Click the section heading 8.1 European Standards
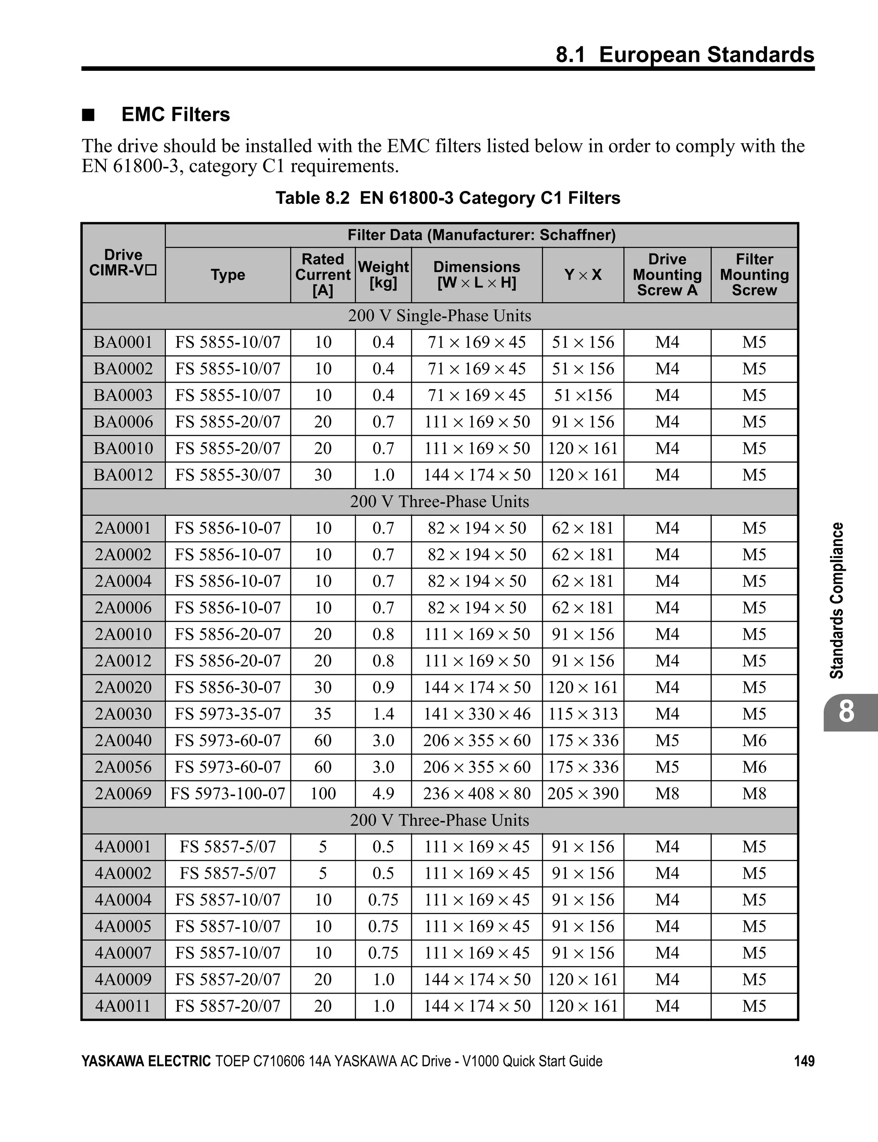coord(685,54)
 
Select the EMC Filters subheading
coord(176,115)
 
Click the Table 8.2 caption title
coord(448,198)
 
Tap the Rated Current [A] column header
coord(322,275)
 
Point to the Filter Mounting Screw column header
coord(754,275)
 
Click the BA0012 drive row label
coord(123,475)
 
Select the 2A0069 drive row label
coord(123,793)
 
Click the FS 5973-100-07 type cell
coord(228,793)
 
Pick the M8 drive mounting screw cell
coord(667,793)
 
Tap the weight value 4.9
coord(383,793)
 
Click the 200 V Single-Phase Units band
coord(439,316)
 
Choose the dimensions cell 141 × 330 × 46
coord(477,714)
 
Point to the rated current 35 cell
coord(322,714)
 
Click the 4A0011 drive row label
coord(123,1006)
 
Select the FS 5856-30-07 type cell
coord(228,687)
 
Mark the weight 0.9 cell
coord(383,687)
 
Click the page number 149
coord(804,1061)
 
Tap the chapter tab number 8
coord(846,712)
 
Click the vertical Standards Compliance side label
coord(837,600)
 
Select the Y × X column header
coord(583,275)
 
